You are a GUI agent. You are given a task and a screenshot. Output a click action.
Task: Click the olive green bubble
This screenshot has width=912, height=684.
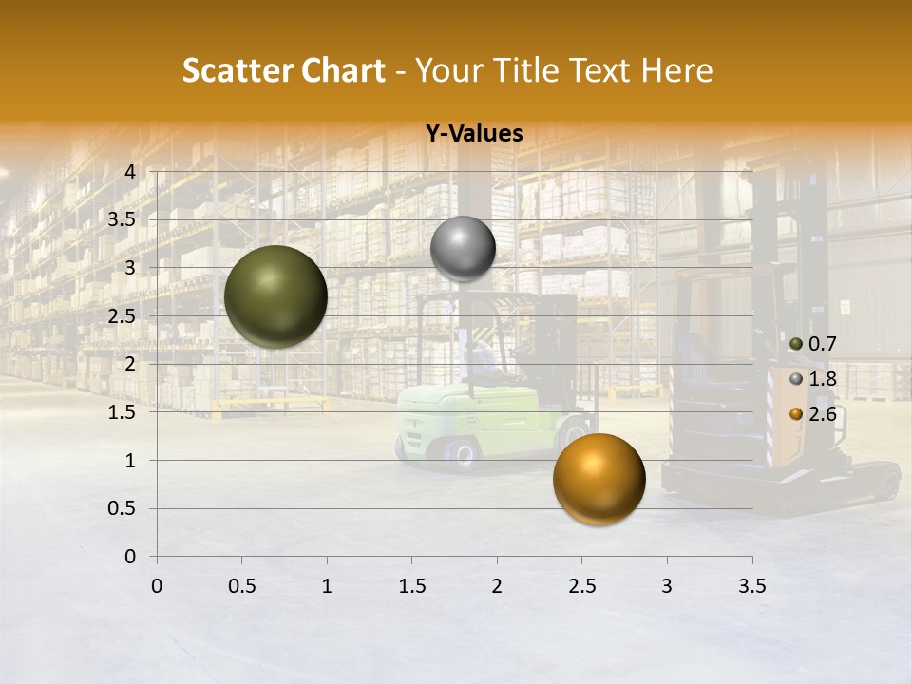click(x=275, y=296)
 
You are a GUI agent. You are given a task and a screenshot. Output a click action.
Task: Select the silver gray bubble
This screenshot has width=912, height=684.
click(x=463, y=248)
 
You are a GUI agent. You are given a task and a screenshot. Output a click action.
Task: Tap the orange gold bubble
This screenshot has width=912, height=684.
click(x=598, y=479)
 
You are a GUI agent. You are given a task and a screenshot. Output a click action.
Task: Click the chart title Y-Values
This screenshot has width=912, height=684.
click(x=473, y=134)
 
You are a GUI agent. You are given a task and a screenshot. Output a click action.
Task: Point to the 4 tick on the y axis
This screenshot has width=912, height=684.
click(x=130, y=171)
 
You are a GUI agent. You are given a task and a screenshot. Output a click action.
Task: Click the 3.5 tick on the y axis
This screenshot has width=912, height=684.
click(x=123, y=219)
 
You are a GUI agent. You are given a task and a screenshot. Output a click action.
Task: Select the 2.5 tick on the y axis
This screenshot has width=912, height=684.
click(x=123, y=315)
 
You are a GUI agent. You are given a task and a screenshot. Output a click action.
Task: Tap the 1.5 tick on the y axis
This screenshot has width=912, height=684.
click(x=123, y=412)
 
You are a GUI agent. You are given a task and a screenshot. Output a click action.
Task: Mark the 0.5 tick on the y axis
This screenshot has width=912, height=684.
click(x=123, y=508)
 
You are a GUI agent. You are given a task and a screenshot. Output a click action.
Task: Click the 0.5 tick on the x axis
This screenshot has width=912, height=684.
click(x=241, y=586)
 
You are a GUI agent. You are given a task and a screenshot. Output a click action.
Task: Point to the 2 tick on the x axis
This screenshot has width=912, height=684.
click(x=497, y=586)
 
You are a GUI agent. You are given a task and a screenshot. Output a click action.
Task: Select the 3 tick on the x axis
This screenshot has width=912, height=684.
click(x=667, y=586)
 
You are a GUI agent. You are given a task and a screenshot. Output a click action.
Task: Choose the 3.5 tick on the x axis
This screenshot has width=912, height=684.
click(x=751, y=586)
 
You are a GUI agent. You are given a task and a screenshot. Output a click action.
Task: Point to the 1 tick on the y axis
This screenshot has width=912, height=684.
click(x=130, y=461)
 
